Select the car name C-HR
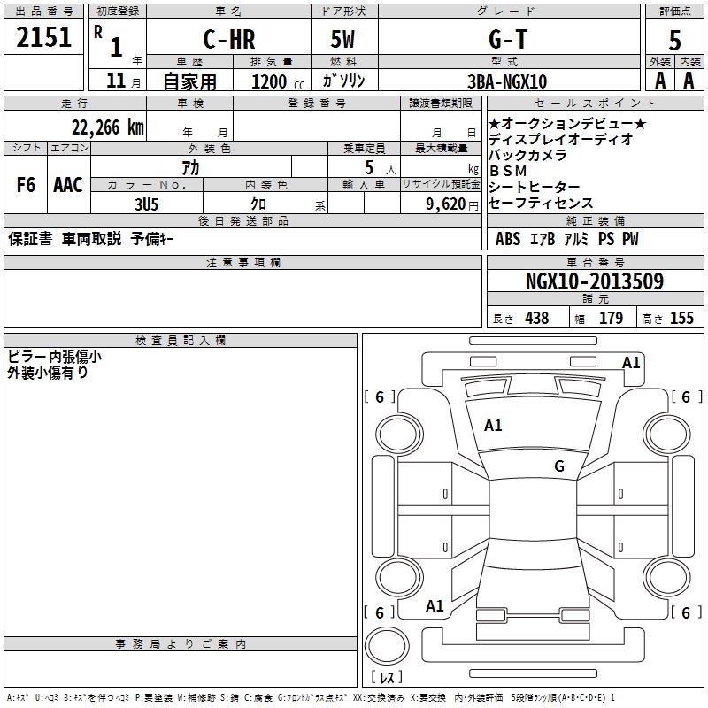tap(228, 41)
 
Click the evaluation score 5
tap(674, 41)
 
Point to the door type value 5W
tap(344, 41)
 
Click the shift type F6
tap(27, 185)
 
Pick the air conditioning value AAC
tap(68, 185)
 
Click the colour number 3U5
tap(147, 203)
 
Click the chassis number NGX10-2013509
tap(594, 281)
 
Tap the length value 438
tap(535, 318)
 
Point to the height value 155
tap(681, 318)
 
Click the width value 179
tap(612, 318)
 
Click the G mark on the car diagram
tap(559, 466)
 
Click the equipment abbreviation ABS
tap(508, 239)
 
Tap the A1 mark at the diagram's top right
tap(631, 362)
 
